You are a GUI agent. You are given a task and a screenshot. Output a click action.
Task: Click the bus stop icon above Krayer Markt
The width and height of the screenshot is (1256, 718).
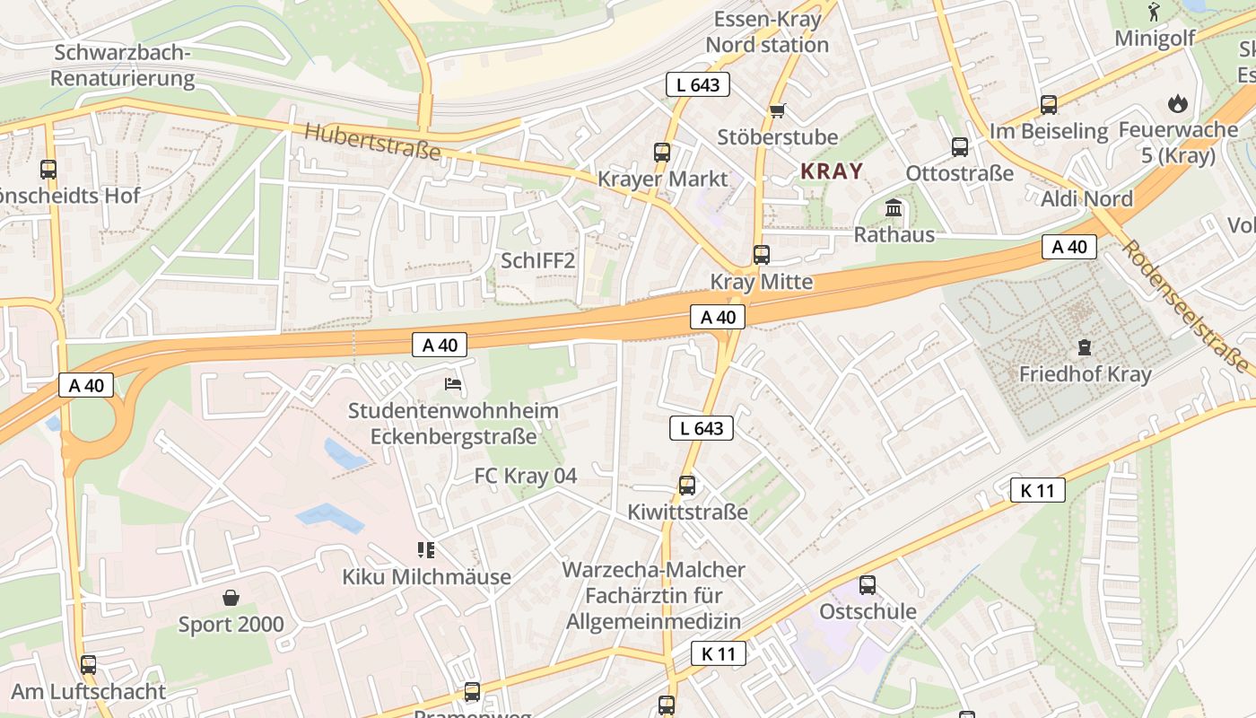662,152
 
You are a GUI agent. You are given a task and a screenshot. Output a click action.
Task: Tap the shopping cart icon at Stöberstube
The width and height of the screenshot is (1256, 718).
777,110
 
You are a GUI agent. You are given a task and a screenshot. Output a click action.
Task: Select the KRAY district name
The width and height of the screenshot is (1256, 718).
832,171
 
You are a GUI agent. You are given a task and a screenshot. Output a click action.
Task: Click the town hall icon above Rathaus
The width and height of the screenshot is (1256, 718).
894,208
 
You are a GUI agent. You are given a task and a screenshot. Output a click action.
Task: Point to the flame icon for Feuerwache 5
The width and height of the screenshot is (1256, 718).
1177,104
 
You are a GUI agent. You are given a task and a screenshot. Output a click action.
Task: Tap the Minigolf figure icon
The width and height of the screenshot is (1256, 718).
1154,13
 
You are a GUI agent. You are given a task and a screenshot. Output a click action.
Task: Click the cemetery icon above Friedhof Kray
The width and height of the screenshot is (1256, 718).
1085,346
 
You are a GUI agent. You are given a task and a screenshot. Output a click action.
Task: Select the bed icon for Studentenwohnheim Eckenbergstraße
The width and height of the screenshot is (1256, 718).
453,384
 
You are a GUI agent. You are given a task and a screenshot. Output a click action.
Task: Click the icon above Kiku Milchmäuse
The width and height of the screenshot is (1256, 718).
425,549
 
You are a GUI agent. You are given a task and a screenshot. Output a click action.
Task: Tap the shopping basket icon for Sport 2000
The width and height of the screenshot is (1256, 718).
231,598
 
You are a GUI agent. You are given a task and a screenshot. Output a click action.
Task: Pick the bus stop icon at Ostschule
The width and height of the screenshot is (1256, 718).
868,585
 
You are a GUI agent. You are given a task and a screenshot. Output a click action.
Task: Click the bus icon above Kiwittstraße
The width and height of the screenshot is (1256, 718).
687,486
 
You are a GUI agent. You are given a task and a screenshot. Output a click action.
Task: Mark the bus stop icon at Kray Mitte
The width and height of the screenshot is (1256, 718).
762,255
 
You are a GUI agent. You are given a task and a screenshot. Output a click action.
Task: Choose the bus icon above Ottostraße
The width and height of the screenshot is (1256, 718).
960,146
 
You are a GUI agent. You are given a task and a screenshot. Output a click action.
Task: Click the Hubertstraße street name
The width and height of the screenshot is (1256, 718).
372,142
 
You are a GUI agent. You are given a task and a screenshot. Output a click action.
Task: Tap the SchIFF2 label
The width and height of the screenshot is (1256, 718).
537,261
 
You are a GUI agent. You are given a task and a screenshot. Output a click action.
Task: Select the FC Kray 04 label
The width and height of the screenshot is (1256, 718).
526,476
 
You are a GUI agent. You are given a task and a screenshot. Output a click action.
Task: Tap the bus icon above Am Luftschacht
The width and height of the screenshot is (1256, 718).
88,665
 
